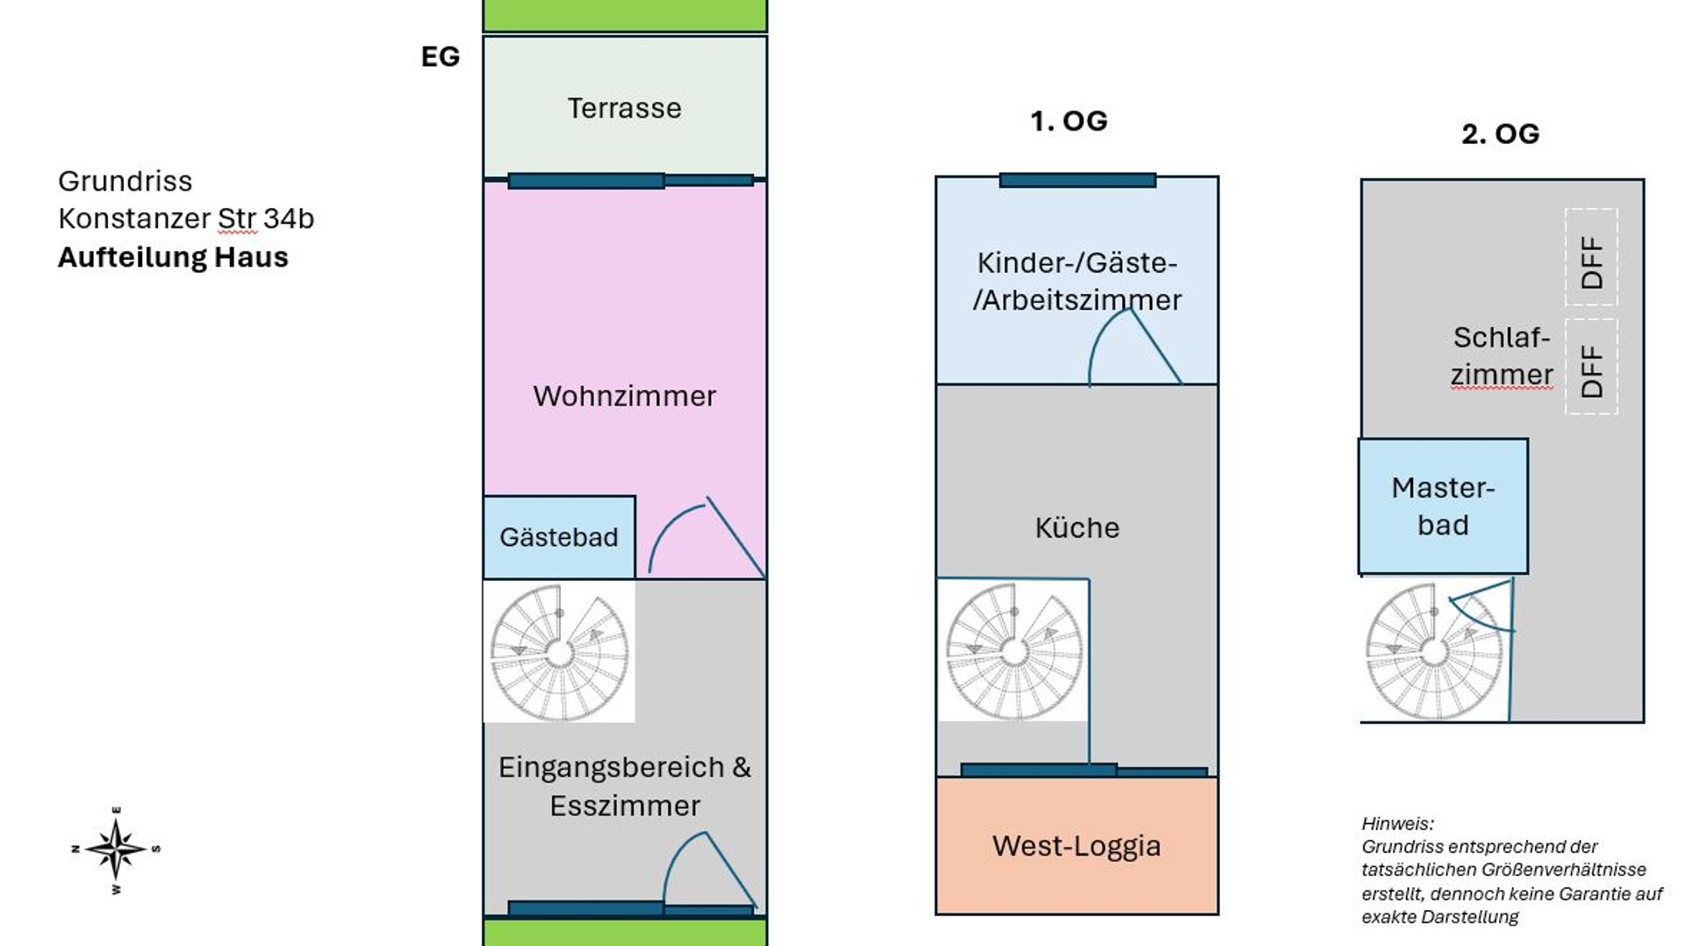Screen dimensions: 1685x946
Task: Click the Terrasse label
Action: (624, 108)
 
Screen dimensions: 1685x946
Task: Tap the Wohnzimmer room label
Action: (624, 396)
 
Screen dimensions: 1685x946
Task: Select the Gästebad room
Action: (559, 537)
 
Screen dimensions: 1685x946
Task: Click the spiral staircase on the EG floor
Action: (559, 652)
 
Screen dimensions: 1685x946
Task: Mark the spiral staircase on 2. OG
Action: (1433, 652)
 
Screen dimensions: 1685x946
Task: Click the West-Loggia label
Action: (1076, 846)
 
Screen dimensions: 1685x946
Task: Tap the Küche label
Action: (1077, 527)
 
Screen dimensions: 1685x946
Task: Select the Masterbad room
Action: (1443, 506)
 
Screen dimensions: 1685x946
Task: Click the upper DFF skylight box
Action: (1591, 257)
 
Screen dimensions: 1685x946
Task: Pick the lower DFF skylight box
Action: (1591, 366)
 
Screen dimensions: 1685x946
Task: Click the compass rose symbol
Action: (116, 849)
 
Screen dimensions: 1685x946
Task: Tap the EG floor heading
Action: (440, 57)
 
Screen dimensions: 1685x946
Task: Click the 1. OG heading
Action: (1068, 121)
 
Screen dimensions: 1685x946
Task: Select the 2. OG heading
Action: (1500, 133)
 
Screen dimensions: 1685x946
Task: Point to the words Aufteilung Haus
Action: (173, 257)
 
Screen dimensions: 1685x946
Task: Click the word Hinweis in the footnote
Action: (1397, 823)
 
